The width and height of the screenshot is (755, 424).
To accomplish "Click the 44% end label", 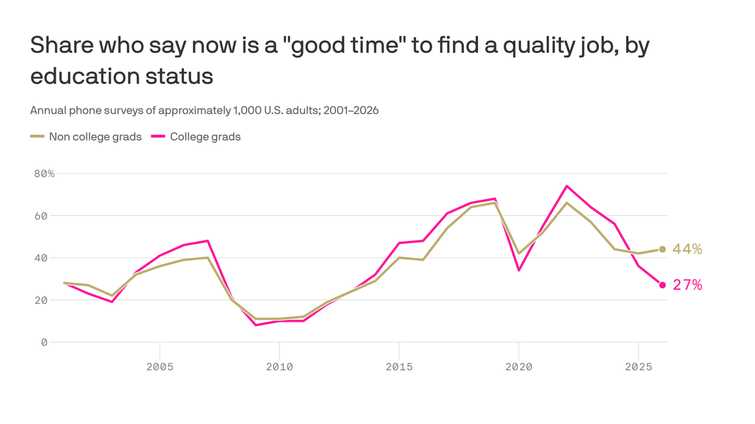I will tap(687, 250).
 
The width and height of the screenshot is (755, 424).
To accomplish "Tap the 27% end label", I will tap(687, 285).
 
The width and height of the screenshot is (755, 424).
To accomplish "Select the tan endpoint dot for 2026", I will tap(662, 249).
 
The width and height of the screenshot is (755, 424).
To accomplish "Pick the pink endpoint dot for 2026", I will tap(662, 285).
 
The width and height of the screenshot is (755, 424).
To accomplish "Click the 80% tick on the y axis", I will tap(44, 173).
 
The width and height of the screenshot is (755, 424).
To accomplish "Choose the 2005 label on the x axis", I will tap(160, 367).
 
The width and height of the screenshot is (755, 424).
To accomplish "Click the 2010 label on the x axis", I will tap(279, 367).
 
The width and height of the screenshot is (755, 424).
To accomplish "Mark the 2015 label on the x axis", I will tap(399, 367).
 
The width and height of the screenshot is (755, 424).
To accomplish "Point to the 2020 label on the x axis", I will tap(519, 367).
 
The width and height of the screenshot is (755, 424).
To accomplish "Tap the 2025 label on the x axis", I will tap(638, 367).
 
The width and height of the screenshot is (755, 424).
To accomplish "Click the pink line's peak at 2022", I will tap(567, 186).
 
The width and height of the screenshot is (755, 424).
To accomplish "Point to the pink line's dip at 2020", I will tap(519, 270).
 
